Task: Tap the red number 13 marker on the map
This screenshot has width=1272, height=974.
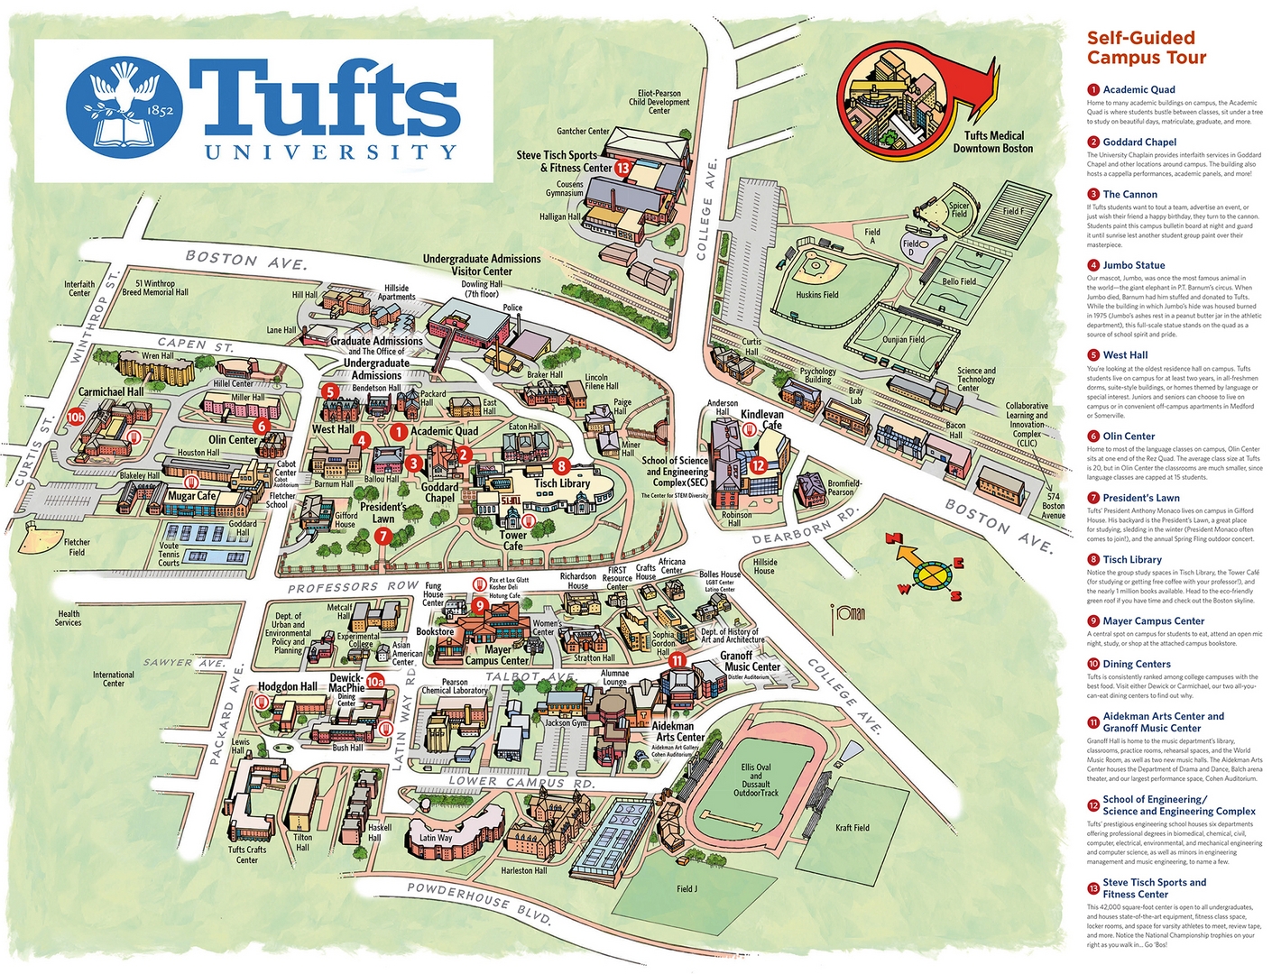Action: (622, 168)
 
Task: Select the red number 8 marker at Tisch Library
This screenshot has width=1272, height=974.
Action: (562, 466)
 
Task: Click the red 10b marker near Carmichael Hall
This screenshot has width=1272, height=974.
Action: (75, 417)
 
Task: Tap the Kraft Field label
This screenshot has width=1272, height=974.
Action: (852, 827)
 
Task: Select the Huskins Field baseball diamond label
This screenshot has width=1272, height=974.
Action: (816, 294)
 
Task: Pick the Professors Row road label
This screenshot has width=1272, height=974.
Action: (353, 587)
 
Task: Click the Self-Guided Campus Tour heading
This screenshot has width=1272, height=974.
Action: (1146, 48)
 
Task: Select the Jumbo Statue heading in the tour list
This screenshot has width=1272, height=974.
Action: (1133, 265)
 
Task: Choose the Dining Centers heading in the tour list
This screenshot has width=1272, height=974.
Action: (1136, 664)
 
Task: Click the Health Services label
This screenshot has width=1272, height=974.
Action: (69, 618)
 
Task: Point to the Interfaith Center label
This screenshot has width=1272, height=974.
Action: (79, 288)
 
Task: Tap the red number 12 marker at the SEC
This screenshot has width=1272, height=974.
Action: (758, 465)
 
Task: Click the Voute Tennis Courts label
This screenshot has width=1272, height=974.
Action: (169, 554)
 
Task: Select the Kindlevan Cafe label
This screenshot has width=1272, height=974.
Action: (762, 419)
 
